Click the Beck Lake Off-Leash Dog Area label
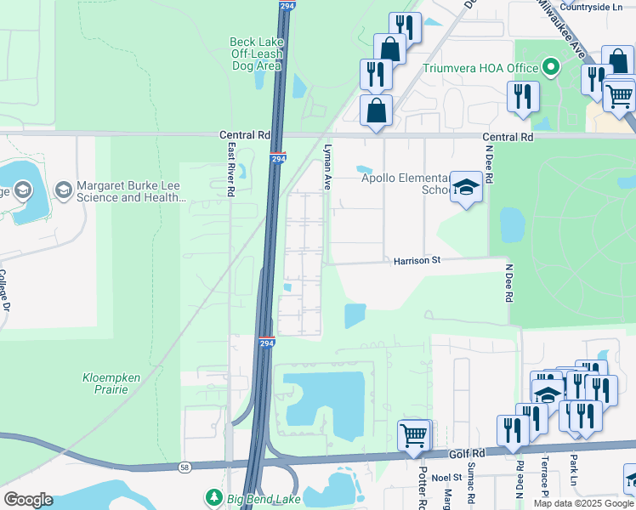click(255, 53)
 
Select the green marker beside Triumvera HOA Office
click(552, 67)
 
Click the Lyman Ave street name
click(326, 166)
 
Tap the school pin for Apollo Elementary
click(465, 187)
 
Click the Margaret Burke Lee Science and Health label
click(130, 191)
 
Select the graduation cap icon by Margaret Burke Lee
click(63, 190)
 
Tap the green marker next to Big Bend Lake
click(214, 496)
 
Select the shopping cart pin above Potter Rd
click(413, 434)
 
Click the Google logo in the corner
click(28, 499)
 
